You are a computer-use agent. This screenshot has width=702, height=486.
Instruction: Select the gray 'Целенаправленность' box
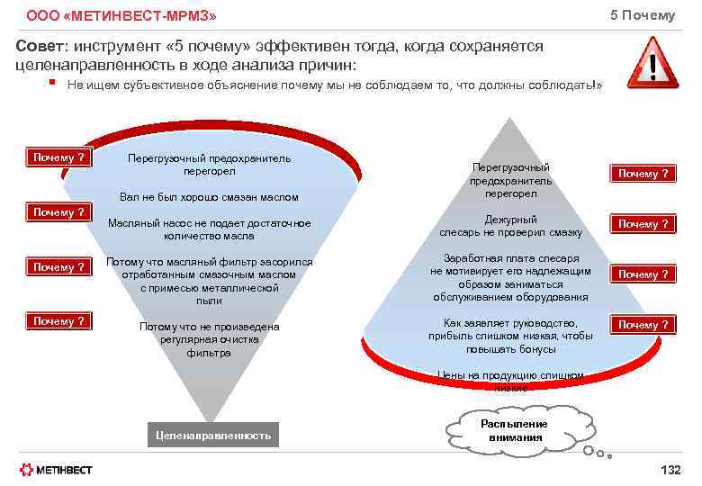pos(212,436)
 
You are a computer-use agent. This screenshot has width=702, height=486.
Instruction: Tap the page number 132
pos(670,470)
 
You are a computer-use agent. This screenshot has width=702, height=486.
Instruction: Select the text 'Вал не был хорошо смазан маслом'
pos(209,197)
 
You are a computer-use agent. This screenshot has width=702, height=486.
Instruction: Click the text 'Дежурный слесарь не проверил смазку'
pos(510,226)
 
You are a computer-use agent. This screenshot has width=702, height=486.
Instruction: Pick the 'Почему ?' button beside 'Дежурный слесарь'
pos(643,224)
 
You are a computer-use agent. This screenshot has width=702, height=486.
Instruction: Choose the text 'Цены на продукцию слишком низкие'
pos(510,381)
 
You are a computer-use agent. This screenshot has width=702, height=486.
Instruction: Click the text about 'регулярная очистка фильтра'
pos(209,339)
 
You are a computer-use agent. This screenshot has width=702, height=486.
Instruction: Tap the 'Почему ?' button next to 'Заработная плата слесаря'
pos(643,274)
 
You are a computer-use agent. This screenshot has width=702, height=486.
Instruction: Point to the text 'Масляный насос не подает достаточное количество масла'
pos(209,229)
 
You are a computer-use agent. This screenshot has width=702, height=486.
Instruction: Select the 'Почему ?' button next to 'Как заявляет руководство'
pos(643,325)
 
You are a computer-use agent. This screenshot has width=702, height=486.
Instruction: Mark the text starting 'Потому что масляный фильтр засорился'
pos(209,281)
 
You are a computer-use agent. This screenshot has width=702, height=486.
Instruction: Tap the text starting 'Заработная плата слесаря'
pos(510,277)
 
